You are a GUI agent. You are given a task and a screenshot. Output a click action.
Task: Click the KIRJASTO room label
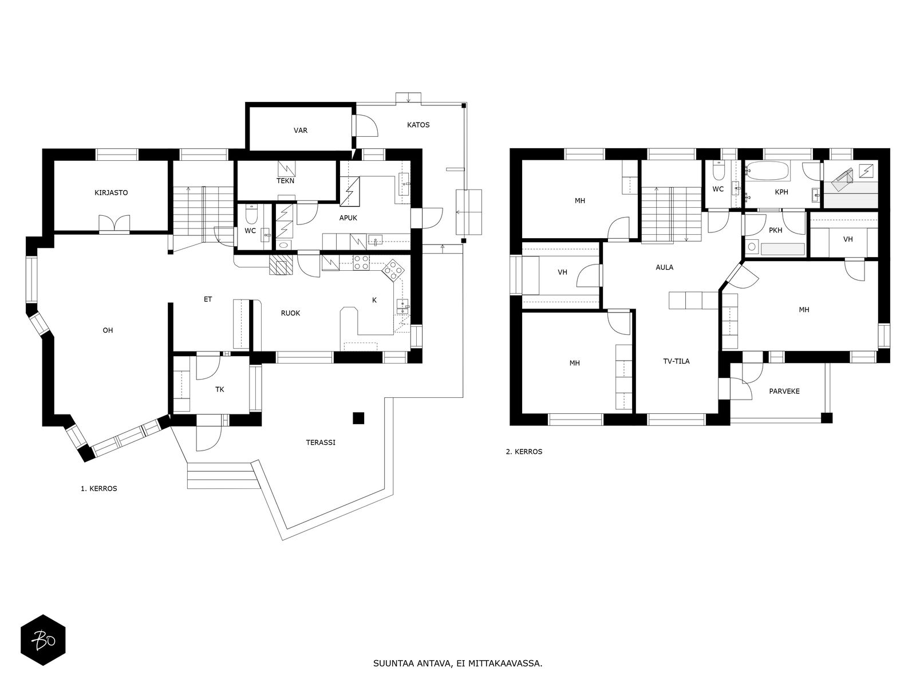(x=111, y=193)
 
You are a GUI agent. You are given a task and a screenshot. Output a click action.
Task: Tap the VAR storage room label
(x=301, y=131)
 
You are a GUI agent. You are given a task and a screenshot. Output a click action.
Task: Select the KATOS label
(x=418, y=125)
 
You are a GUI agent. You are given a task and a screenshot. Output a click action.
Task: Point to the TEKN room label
(x=286, y=180)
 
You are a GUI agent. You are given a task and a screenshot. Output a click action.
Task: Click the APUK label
(x=348, y=218)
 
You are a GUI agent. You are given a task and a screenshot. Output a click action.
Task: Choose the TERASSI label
(x=321, y=443)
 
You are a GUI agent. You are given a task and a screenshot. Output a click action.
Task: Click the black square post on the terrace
(x=358, y=418)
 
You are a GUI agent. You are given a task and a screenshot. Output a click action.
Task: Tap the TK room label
(x=219, y=390)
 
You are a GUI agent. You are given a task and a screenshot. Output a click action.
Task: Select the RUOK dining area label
(x=290, y=313)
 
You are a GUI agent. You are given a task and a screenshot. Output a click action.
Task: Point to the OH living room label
(x=108, y=330)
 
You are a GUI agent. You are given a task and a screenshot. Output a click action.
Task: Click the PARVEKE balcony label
(x=784, y=391)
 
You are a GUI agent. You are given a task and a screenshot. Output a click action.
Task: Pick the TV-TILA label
(x=677, y=361)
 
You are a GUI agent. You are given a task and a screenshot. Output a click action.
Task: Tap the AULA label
(x=664, y=267)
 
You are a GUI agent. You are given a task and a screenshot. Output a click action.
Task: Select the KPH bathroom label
(x=781, y=192)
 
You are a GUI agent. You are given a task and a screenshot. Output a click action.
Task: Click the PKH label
(x=775, y=230)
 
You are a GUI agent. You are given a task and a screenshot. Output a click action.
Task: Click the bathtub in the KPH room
(x=768, y=172)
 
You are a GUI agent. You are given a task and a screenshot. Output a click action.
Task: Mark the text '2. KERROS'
(x=524, y=451)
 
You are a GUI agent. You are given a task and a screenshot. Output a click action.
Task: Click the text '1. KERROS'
(x=99, y=488)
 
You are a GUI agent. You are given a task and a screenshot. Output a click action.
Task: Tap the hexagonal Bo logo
(x=43, y=640)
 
